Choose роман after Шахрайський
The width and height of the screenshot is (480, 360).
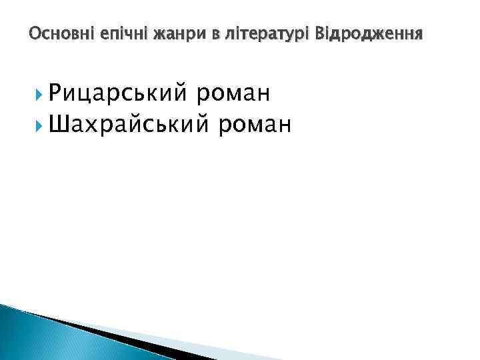(254, 123)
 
